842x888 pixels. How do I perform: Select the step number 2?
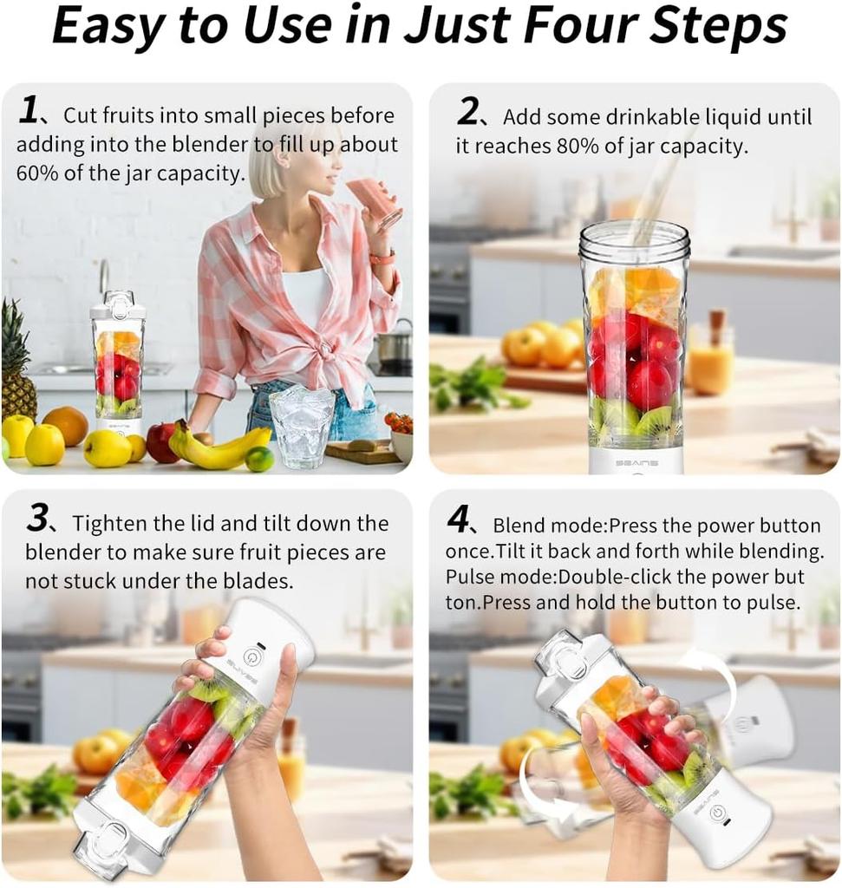click(467, 112)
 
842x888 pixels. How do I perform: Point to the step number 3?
click(36, 520)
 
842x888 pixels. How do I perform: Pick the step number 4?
click(458, 520)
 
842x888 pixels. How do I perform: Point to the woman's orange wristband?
click(382, 258)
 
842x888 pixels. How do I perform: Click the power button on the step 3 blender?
click(251, 656)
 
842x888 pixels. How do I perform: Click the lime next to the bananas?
click(258, 460)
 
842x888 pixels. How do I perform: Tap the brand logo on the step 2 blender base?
click(636, 462)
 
